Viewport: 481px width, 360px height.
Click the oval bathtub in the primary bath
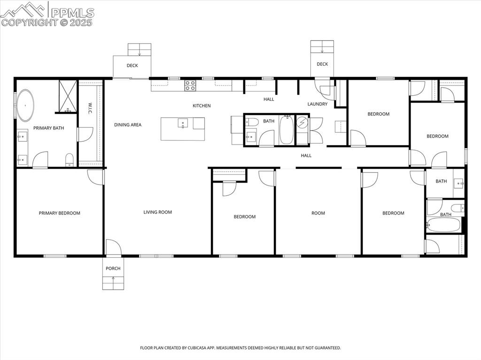25,105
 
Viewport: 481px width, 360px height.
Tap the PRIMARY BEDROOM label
59,213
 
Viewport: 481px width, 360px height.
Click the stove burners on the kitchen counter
190,85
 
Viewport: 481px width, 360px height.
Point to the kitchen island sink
182,123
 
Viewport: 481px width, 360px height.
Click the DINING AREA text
128,125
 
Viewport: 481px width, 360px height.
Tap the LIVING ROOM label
157,212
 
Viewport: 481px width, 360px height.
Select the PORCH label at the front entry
113,268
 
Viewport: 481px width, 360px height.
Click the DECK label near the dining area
132,66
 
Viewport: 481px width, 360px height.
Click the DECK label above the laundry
322,64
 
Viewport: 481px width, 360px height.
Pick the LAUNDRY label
318,104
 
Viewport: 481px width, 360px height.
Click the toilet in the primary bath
70,159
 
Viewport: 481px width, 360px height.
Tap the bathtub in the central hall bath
286,130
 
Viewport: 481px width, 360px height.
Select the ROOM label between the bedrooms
318,213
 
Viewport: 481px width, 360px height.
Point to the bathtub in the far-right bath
444,225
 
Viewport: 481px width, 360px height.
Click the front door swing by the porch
113,247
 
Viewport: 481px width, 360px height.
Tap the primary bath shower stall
68,97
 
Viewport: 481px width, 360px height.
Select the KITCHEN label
202,106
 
